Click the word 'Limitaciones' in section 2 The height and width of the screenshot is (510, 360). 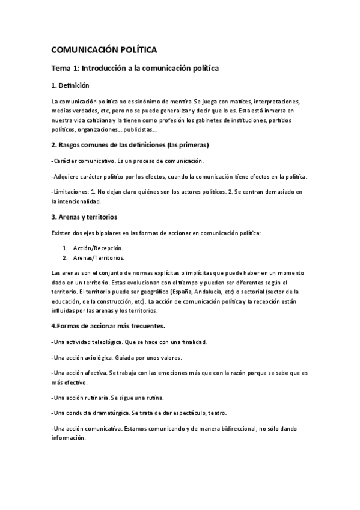[71, 191]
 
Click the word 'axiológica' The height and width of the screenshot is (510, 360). [99, 357]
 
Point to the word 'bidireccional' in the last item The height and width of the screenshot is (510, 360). [235, 429]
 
